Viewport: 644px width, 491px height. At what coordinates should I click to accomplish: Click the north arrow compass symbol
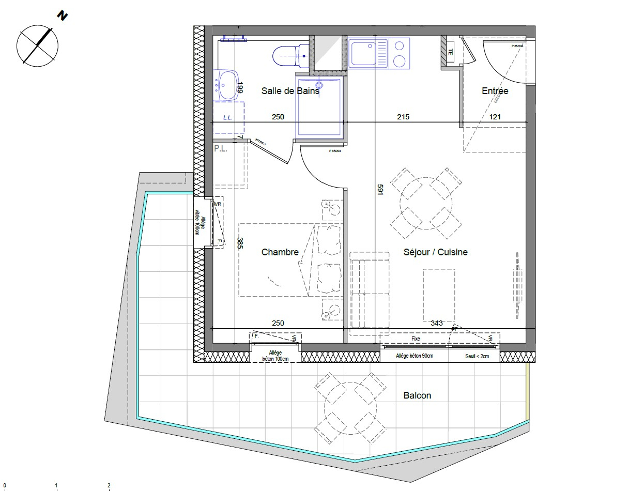37,45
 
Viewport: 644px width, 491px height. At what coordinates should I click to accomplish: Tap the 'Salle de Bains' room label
290,90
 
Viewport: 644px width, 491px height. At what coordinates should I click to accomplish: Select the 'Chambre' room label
280,252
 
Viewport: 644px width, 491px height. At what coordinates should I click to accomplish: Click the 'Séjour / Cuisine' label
435,252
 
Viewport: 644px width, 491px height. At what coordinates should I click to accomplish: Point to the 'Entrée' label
495,91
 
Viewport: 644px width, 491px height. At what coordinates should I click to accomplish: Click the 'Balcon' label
417,395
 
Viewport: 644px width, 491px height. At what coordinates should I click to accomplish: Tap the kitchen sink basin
364,53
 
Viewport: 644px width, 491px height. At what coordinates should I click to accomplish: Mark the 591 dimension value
380,190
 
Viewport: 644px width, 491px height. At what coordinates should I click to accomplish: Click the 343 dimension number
436,323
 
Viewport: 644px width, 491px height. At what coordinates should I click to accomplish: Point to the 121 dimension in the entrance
495,117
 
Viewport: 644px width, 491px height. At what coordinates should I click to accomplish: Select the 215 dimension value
403,117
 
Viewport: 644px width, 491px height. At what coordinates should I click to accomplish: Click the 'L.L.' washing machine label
227,117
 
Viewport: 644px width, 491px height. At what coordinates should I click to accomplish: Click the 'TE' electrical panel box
450,52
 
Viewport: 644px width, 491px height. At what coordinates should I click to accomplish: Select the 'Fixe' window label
416,339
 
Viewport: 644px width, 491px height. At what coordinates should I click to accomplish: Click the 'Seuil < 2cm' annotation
474,356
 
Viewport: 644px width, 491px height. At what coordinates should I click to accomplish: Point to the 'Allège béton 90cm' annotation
415,356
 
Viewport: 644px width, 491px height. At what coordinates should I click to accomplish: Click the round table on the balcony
350,408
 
